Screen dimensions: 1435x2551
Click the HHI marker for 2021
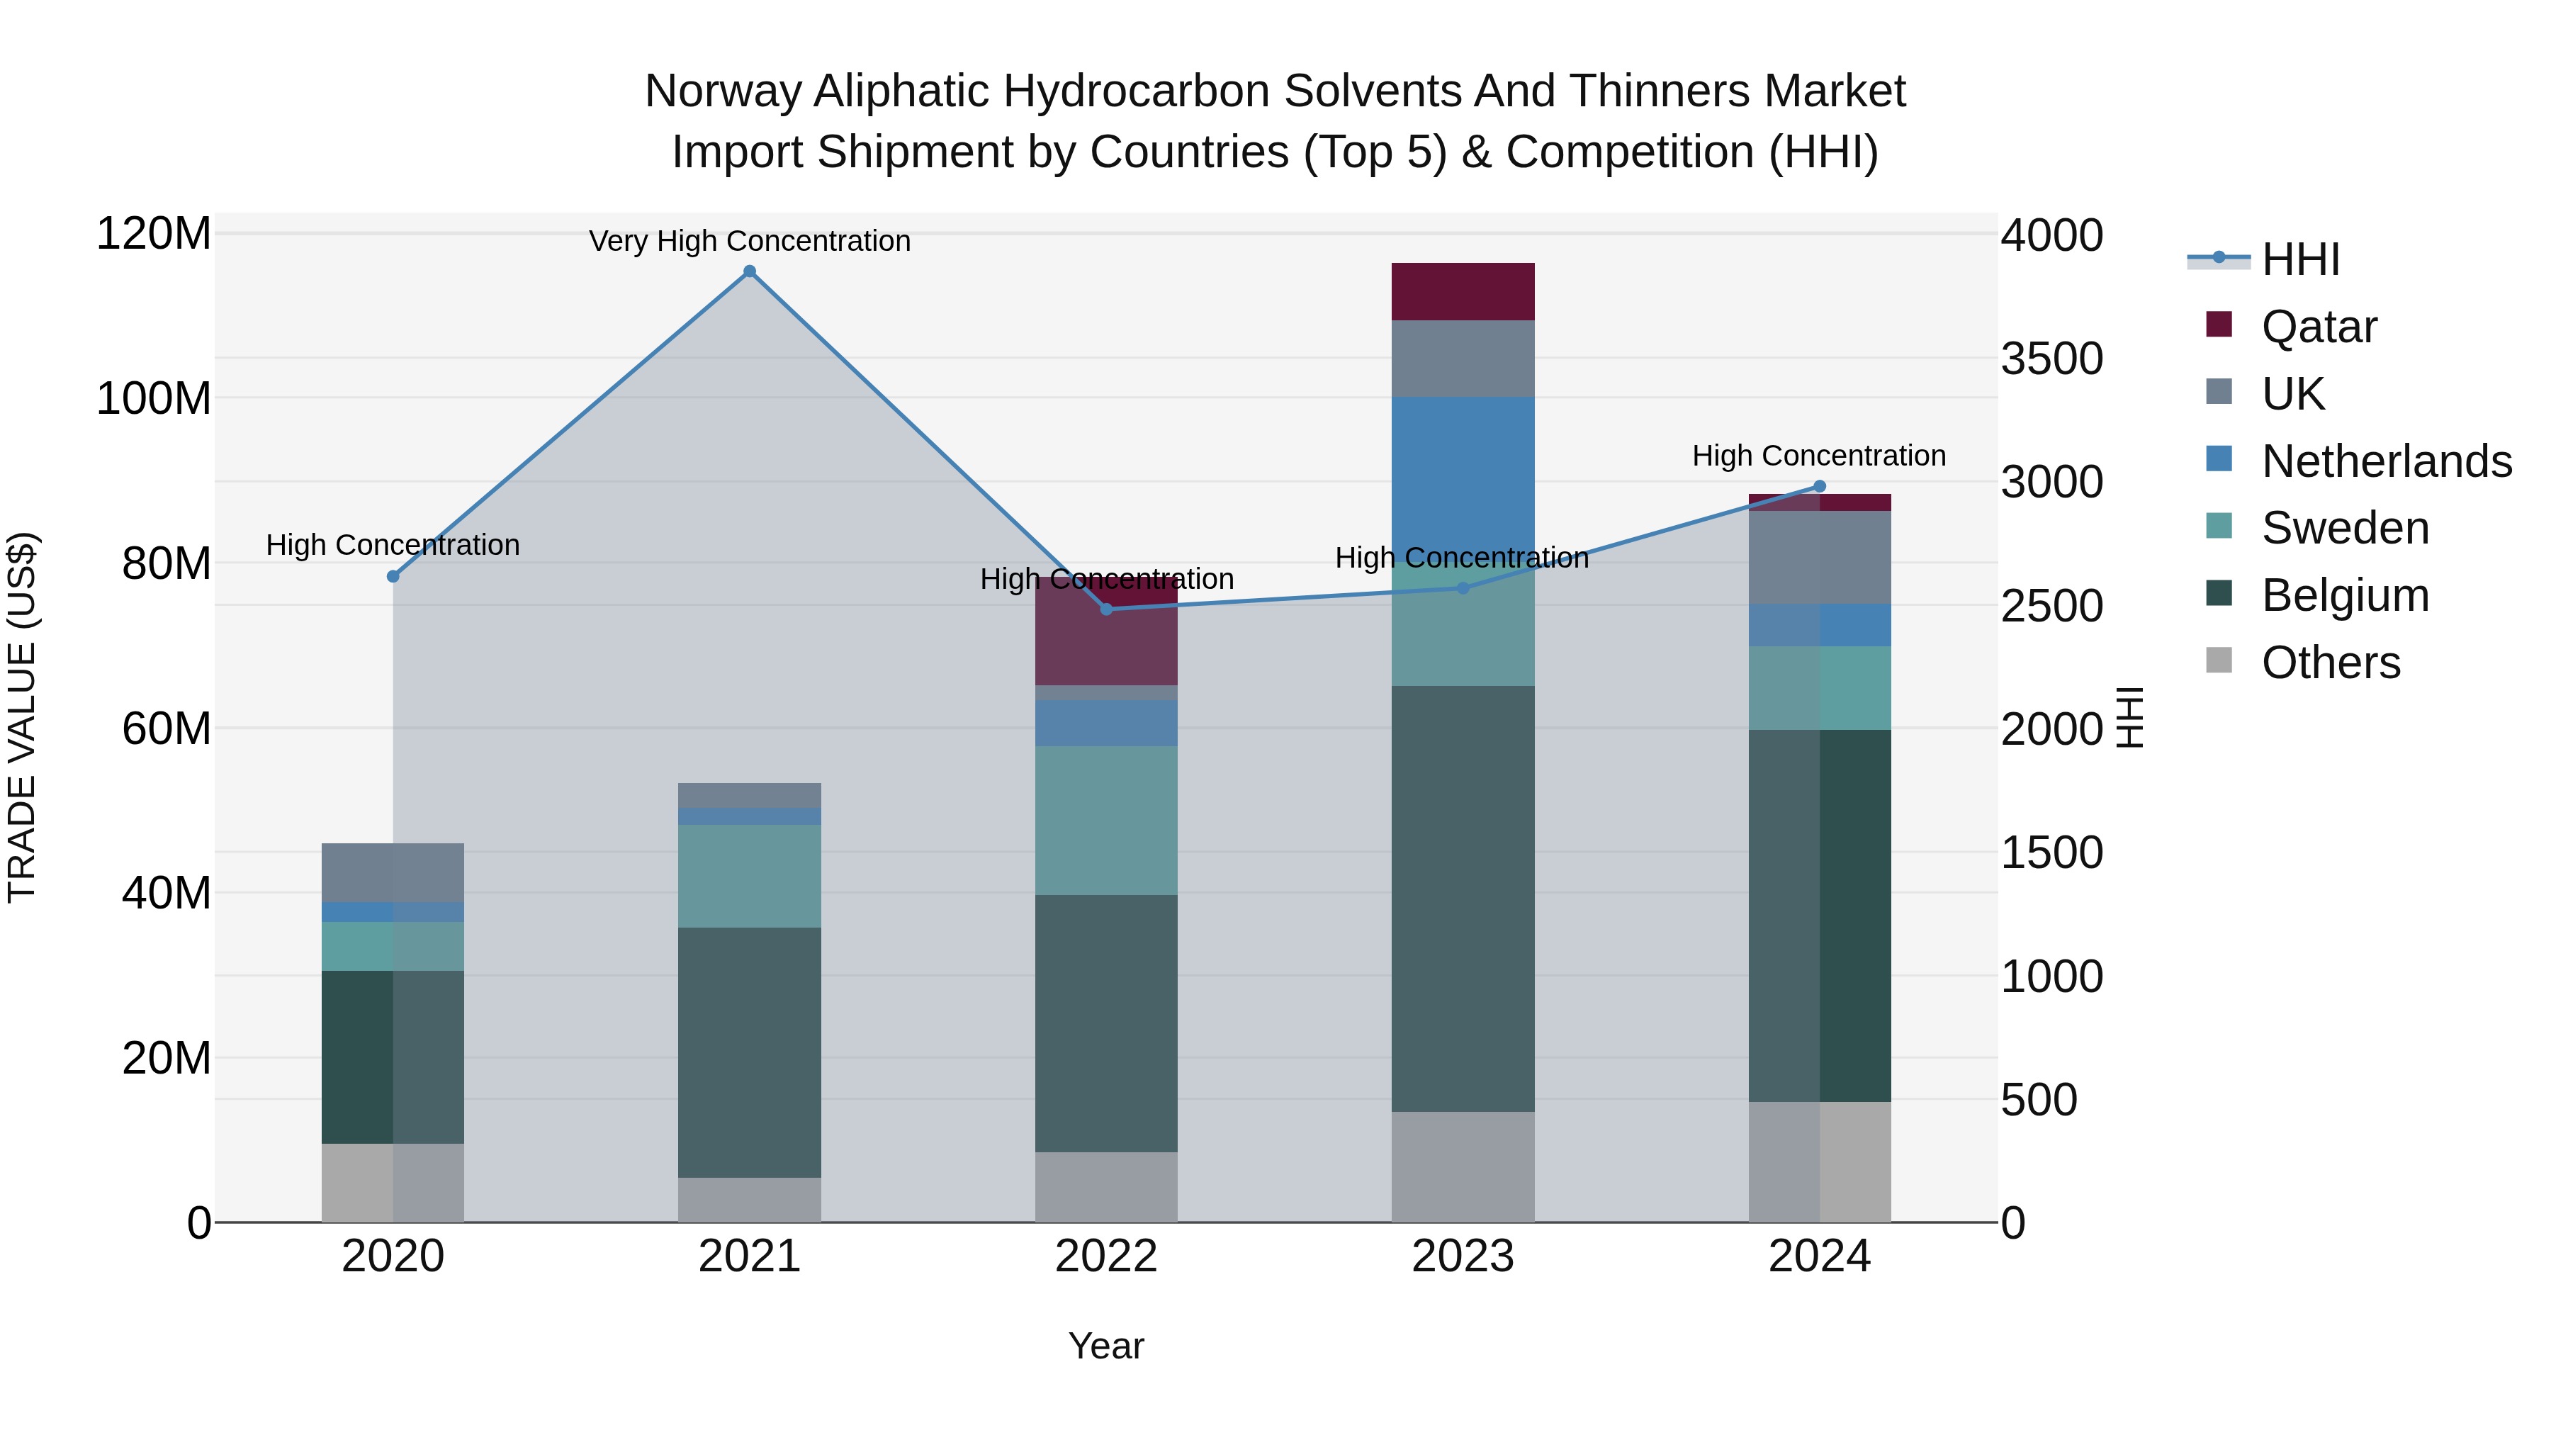click(750, 271)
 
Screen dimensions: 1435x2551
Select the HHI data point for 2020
click(393, 576)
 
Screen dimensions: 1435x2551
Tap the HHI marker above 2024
click(1819, 486)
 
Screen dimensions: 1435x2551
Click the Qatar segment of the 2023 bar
click(1463, 291)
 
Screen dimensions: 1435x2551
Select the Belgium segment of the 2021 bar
click(750, 1052)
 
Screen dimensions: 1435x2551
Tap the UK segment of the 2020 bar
click(393, 872)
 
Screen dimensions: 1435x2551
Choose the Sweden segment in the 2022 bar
click(1106, 820)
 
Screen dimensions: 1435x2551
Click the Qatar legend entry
click(2319, 327)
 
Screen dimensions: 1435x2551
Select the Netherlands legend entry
click(2386, 461)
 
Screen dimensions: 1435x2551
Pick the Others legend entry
click(2330, 663)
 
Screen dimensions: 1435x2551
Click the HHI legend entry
click(2300, 259)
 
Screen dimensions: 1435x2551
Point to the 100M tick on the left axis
click(154, 398)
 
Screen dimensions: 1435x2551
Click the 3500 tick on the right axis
click(2051, 359)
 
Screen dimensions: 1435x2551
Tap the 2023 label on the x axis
click(1463, 1256)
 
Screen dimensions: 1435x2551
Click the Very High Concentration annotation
click(750, 241)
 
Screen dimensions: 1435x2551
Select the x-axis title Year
click(1106, 1346)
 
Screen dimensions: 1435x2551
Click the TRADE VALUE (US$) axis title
click(22, 717)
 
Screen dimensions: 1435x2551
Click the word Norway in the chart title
click(722, 91)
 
